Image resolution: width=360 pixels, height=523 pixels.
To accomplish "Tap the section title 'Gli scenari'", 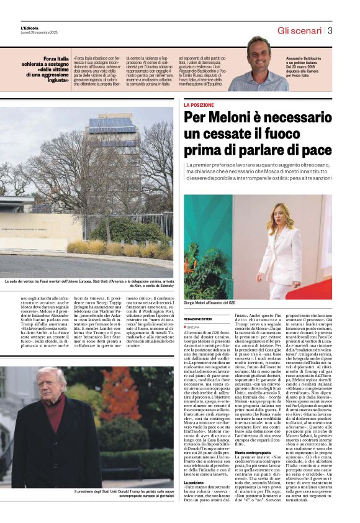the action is pyautogui.click(x=299, y=30).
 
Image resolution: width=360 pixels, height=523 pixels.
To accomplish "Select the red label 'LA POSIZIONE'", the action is pyautogui.click(x=199, y=106).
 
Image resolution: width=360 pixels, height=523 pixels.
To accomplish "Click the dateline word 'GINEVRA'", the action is pyautogui.click(x=194, y=327).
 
